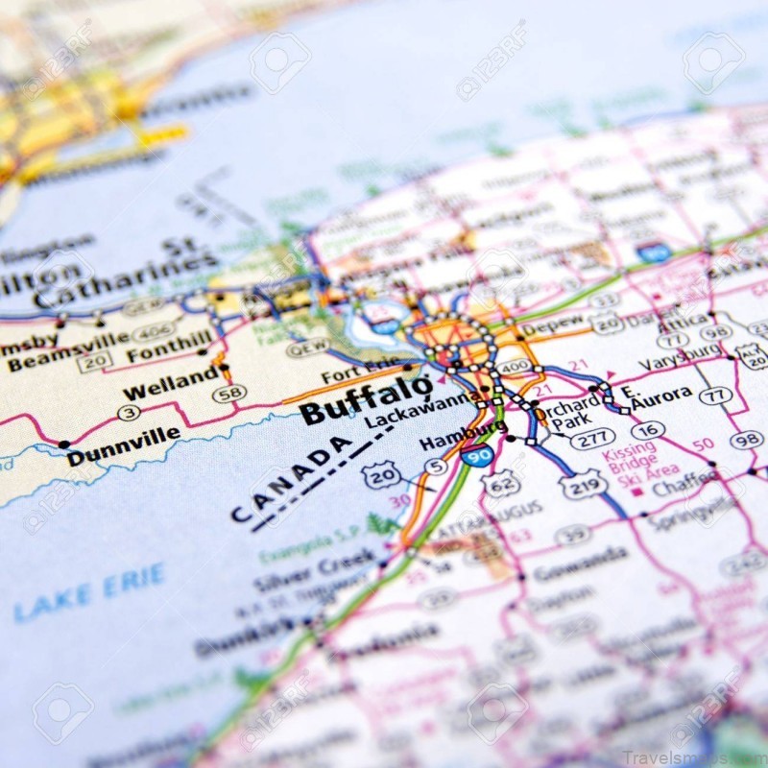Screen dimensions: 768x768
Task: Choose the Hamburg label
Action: pyautogui.click(x=449, y=441)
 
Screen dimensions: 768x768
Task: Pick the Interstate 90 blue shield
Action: pyautogui.click(x=477, y=456)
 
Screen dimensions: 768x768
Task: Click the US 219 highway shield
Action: pyautogui.click(x=584, y=485)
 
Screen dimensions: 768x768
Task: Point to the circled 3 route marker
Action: pyautogui.click(x=129, y=413)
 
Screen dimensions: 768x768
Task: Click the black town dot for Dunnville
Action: pyautogui.click(x=64, y=444)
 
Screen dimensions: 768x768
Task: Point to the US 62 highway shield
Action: pyautogui.click(x=501, y=486)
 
